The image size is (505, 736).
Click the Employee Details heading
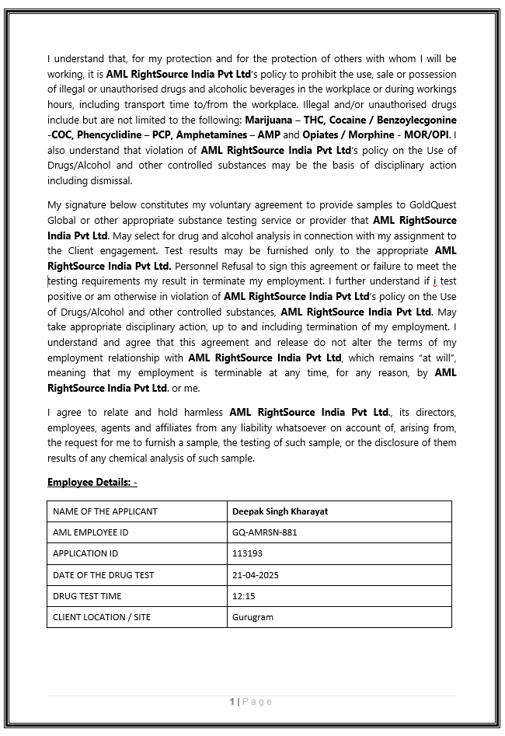coord(92,483)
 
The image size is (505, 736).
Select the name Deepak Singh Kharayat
coord(280,511)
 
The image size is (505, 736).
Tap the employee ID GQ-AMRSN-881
coord(264,532)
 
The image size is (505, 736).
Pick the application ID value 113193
coord(247,553)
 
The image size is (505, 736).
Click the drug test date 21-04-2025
coord(255,575)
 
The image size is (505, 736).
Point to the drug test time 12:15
coord(244,596)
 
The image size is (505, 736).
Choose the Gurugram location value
coord(252,617)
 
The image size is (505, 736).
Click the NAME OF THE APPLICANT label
coord(105,511)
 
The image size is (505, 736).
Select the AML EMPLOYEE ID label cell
coord(90,532)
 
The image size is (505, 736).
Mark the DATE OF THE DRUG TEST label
coord(103,575)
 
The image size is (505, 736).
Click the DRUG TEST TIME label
coord(87,596)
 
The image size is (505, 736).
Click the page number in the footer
coord(232,702)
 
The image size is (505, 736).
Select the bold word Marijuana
coord(271,120)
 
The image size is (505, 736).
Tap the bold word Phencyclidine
coord(108,135)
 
